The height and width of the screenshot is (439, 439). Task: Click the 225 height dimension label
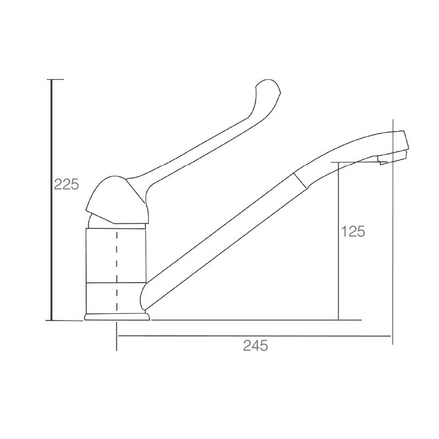pos(66,184)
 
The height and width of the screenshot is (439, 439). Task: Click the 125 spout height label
pos(353,231)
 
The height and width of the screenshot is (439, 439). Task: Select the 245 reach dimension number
pos(255,346)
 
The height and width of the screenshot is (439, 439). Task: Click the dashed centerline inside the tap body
pos(117,272)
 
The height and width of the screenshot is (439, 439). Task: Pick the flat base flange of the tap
pos(117,317)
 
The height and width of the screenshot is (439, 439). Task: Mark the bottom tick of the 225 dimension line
pos(64,320)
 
